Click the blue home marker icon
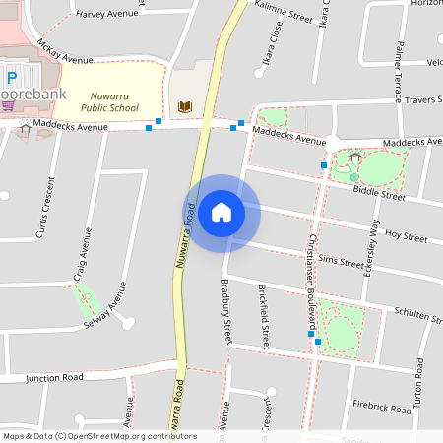click(221, 213)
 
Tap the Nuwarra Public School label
click(109, 101)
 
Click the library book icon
click(184, 106)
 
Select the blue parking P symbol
click(12, 79)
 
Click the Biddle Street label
click(379, 195)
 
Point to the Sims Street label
click(341, 261)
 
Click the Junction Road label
click(55, 377)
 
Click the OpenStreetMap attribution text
click(99, 436)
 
